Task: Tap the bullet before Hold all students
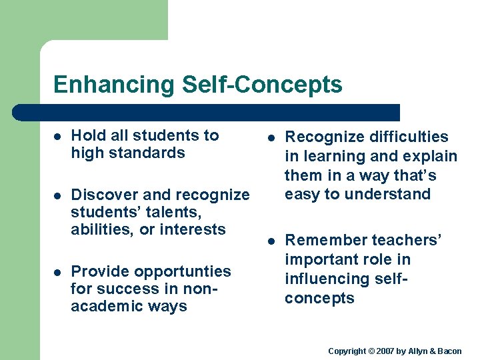point(57,136)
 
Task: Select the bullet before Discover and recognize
point(57,195)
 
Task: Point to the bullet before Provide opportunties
point(57,272)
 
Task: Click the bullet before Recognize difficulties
point(271,138)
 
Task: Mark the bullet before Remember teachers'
point(271,241)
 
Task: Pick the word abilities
point(100,229)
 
